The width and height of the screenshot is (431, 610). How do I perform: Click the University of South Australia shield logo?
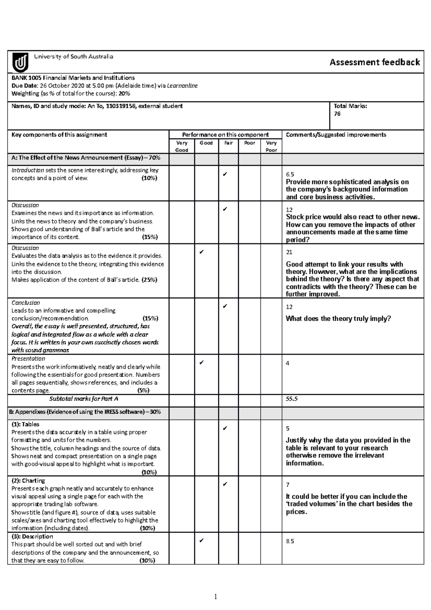(x=20, y=63)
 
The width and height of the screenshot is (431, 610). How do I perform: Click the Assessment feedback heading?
(x=375, y=63)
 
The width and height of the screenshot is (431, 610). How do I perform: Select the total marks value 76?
(x=337, y=114)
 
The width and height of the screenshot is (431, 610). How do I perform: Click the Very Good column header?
(x=181, y=146)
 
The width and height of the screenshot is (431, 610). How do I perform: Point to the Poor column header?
(x=249, y=143)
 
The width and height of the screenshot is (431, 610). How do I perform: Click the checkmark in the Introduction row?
(x=225, y=174)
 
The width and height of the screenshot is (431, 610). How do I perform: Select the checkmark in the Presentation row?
(x=201, y=362)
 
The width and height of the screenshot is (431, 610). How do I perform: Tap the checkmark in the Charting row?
(x=225, y=484)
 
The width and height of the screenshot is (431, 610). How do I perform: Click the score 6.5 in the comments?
(x=290, y=175)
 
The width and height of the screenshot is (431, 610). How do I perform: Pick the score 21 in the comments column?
(x=289, y=253)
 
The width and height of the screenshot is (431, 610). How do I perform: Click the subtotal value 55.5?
(x=292, y=399)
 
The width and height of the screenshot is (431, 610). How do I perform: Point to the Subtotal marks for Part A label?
(x=84, y=399)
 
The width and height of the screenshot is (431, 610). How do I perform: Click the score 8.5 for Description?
(x=290, y=541)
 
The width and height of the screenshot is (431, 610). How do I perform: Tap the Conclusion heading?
(x=26, y=302)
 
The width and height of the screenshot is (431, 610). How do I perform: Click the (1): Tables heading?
(x=25, y=424)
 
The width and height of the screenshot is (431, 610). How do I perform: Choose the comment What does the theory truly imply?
(x=338, y=319)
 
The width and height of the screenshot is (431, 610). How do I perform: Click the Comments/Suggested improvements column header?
(x=336, y=135)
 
